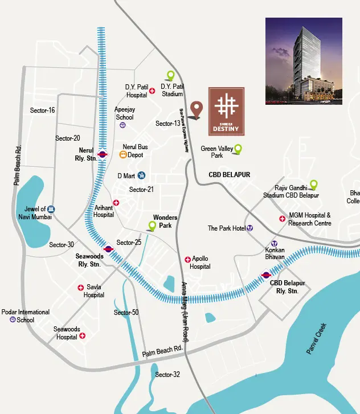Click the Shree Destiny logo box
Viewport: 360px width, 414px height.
click(x=226, y=112)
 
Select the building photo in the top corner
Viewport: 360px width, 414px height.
click(x=304, y=60)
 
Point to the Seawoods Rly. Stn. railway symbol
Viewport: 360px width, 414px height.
click(x=108, y=248)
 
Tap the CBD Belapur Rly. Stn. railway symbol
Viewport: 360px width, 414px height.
click(x=265, y=274)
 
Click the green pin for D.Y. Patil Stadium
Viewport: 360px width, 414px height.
click(x=170, y=75)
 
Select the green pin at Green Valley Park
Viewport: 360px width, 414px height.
click(x=238, y=149)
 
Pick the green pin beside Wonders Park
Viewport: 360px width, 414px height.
click(x=152, y=226)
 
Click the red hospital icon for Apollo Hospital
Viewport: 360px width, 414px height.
click(x=187, y=259)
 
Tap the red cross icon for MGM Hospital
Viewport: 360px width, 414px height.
click(x=282, y=219)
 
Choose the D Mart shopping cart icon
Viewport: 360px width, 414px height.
click(x=141, y=176)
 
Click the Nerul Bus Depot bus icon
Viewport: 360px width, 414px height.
click(x=122, y=154)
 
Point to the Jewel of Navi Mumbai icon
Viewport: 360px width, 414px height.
click(x=51, y=210)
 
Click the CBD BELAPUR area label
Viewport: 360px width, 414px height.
click(x=229, y=174)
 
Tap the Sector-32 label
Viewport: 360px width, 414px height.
click(x=167, y=374)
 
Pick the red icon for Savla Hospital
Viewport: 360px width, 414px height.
click(x=81, y=288)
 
